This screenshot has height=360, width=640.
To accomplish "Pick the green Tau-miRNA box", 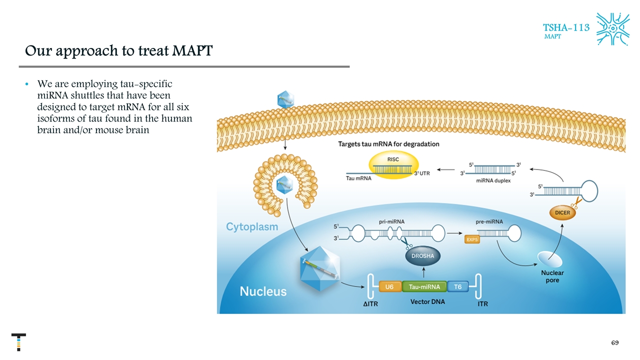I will click(424, 286).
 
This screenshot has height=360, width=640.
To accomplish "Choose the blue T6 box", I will click(458, 286).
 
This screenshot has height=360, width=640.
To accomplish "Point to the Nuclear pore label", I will click(552, 276).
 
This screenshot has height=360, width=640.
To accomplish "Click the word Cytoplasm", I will click(252, 226).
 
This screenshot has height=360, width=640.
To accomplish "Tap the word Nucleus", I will click(263, 291).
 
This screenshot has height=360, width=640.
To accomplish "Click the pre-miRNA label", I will click(490, 220).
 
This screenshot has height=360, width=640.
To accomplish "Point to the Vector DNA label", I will click(427, 302).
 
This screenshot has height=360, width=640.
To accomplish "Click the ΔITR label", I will click(370, 303).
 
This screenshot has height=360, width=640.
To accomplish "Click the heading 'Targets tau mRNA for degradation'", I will click(389, 144).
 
